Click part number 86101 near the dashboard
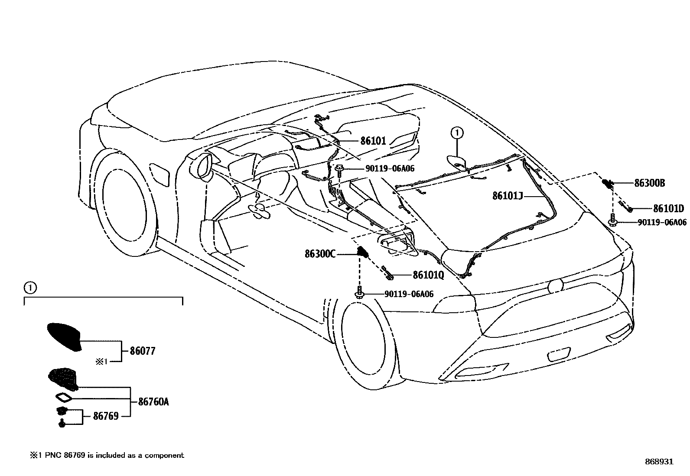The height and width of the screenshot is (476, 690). pyautogui.click(x=373, y=140)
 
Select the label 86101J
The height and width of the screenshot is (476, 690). pyautogui.click(x=508, y=196)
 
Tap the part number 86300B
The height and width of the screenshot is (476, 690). pyautogui.click(x=649, y=183)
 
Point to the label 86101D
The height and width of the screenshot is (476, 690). pyautogui.click(x=668, y=209)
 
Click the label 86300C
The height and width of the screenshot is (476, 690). pyautogui.click(x=320, y=254)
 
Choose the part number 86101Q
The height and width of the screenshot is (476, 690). pyautogui.click(x=428, y=275)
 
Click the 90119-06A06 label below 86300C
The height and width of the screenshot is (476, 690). pyautogui.click(x=409, y=294)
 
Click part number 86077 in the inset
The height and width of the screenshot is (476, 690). pyautogui.click(x=142, y=351)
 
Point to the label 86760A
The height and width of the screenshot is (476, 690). pyautogui.click(x=153, y=402)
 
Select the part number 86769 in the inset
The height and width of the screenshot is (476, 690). pyautogui.click(x=106, y=416)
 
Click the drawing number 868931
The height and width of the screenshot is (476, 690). pyautogui.click(x=659, y=462)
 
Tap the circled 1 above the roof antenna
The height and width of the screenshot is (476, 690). pyautogui.click(x=457, y=133)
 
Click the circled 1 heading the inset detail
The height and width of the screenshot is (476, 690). pyautogui.click(x=29, y=287)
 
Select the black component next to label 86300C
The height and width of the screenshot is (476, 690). pyautogui.click(x=362, y=252)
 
